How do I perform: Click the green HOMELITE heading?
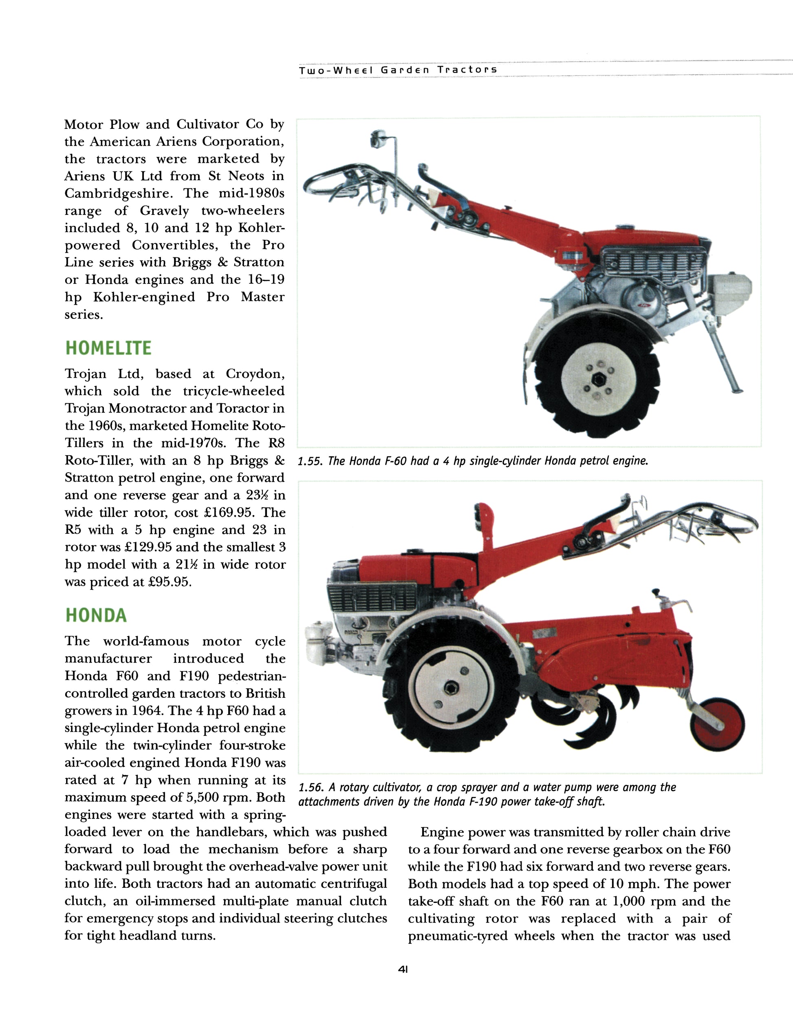108,348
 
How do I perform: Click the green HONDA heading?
96,615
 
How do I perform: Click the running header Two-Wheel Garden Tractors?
398,70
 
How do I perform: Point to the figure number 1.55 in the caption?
310,461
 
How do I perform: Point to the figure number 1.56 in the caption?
311,787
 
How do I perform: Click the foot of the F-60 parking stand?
736,390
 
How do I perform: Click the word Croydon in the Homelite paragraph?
255,374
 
